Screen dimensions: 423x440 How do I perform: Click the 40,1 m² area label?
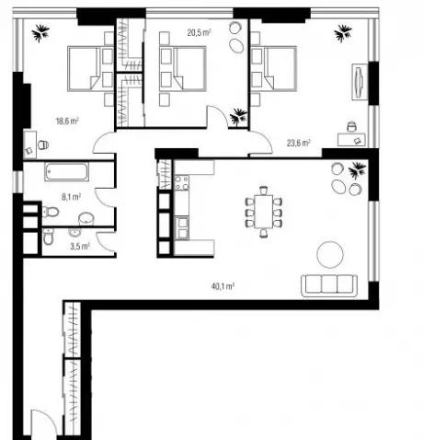click(223, 286)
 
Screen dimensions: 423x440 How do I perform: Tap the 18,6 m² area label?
click(67, 121)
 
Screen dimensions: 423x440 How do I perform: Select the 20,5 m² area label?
click(200, 32)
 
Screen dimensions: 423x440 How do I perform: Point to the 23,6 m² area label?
click(299, 143)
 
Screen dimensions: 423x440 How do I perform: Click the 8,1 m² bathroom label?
click(71, 197)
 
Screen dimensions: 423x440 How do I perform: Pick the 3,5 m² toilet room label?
click(80, 246)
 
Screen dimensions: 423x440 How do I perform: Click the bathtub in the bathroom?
click(67, 171)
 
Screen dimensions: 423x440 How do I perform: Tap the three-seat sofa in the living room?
click(329, 285)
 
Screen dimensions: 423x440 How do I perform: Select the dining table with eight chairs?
click(264, 212)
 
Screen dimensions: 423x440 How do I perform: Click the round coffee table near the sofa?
click(330, 255)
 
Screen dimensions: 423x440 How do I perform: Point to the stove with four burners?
click(181, 182)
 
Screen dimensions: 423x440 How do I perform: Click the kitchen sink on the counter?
click(181, 227)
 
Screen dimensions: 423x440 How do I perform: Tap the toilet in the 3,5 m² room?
click(49, 237)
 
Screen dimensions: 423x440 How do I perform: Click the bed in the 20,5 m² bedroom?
click(183, 69)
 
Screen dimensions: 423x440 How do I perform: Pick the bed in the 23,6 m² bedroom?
click(273, 69)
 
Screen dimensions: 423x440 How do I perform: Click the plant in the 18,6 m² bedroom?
click(40, 33)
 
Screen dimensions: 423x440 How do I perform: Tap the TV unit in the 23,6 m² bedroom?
click(360, 82)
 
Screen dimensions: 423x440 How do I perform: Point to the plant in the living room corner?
click(358, 170)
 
